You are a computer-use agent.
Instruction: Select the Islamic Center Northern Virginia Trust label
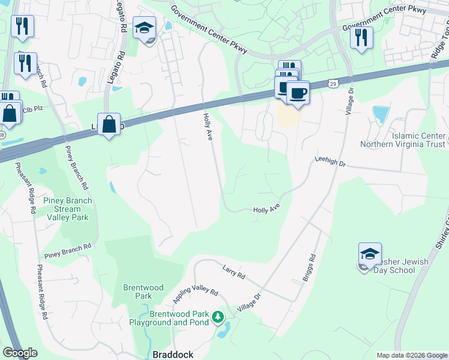click(x=402, y=139)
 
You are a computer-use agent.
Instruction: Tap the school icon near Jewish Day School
click(x=370, y=254)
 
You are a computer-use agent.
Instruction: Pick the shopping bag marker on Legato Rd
click(x=109, y=125)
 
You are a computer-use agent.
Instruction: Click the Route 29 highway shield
click(x=334, y=85)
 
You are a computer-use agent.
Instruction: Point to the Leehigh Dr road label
click(x=330, y=162)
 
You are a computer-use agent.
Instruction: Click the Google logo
click(x=20, y=353)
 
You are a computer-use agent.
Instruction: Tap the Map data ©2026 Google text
click(x=411, y=355)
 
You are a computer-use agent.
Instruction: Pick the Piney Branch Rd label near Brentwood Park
click(x=67, y=247)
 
